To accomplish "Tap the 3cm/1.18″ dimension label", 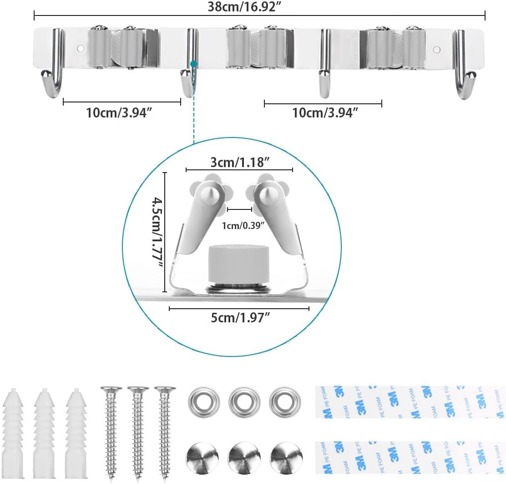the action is pos(240,162).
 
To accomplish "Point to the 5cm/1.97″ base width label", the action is pos(240,318).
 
